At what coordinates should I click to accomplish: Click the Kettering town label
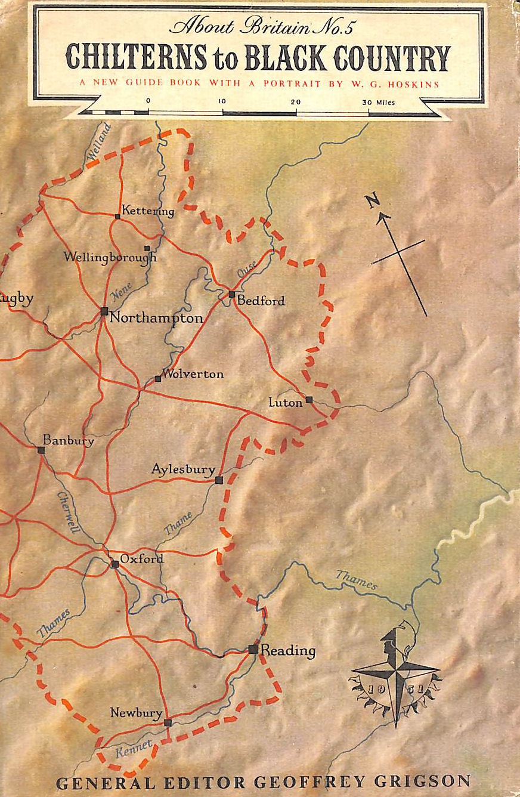tap(148, 211)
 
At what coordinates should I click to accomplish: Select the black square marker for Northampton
tap(104, 311)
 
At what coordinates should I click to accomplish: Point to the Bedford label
tap(261, 301)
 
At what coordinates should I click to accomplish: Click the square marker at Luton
tap(309, 400)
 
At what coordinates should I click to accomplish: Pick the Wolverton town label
tap(193, 374)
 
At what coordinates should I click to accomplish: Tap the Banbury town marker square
tap(41, 450)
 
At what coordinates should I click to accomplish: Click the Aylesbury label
tap(182, 470)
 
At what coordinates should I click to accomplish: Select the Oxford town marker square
tap(114, 564)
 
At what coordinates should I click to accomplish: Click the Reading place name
tap(288, 650)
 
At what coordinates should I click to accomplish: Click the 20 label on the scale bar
tap(296, 102)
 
